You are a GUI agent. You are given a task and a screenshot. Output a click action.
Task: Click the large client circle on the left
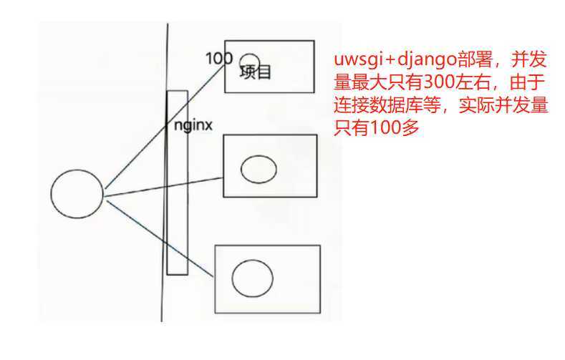pos(77,195)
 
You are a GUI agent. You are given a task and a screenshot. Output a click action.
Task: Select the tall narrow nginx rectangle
pos(177,215)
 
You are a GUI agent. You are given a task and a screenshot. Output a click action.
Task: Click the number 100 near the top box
pos(218,59)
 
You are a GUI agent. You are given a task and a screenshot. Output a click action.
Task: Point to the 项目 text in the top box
pos(256,72)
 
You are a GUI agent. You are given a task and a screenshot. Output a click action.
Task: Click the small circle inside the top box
pos(249,62)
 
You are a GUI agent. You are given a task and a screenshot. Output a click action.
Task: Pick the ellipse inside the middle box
pos(259,169)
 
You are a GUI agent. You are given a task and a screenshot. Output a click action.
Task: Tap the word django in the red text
pos(430,59)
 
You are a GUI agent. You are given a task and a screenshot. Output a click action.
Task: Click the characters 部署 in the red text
pos(478,59)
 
